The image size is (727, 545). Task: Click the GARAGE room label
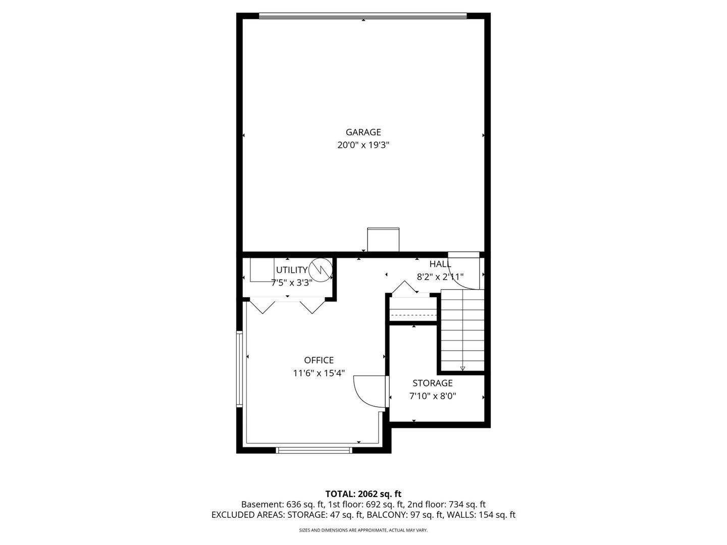[x=363, y=132]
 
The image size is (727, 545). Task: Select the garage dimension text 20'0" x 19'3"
[x=363, y=145]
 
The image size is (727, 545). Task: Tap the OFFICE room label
[x=319, y=360]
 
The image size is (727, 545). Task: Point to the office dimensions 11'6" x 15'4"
[x=319, y=373]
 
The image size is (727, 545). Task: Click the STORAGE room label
[x=432, y=383]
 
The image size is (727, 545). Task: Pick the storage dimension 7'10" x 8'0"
[x=432, y=396]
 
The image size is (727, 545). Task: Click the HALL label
[x=440, y=264]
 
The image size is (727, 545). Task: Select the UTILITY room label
[x=291, y=270]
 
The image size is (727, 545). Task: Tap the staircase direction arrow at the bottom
[x=462, y=368]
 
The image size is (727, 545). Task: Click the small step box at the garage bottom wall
[x=383, y=240]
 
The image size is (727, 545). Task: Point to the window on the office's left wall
[x=240, y=369]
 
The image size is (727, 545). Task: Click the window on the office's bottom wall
[x=314, y=450]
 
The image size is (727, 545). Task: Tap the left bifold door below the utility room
[x=262, y=307]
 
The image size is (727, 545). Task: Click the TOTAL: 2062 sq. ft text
[x=363, y=494]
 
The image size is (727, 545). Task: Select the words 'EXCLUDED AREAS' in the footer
[x=247, y=515]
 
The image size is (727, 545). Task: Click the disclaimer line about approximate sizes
[x=363, y=530]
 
